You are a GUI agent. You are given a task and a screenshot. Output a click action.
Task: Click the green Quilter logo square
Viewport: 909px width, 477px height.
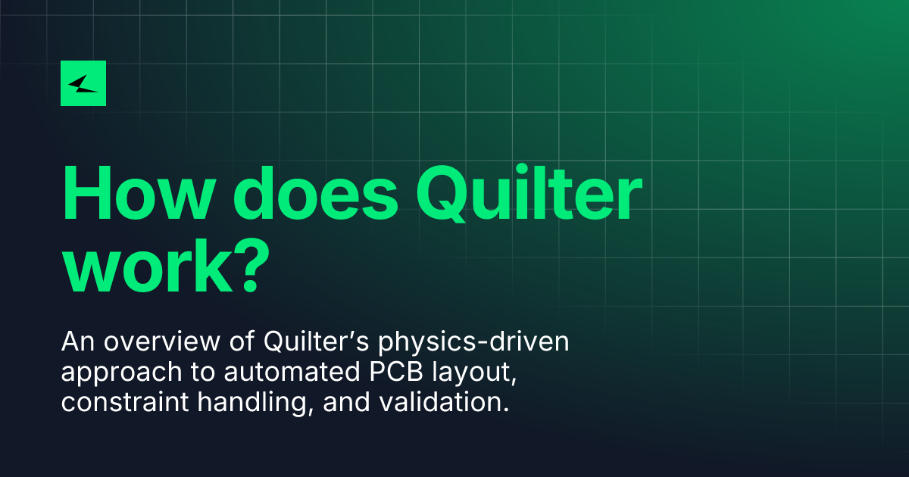(x=83, y=83)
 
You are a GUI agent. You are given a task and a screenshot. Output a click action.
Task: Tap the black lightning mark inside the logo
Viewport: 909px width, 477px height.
(x=83, y=84)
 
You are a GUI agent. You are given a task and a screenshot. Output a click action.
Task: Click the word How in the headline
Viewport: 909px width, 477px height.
(x=139, y=194)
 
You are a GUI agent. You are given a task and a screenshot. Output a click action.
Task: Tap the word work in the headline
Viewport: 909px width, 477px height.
(x=148, y=265)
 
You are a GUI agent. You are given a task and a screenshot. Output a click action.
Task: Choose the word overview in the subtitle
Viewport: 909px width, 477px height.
(x=162, y=341)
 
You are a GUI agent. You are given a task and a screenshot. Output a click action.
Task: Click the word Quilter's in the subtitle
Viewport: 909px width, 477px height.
(x=316, y=341)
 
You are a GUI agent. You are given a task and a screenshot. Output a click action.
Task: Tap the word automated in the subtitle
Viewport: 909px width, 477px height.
(x=292, y=372)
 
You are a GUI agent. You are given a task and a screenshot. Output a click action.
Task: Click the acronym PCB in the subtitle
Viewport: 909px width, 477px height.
(x=396, y=372)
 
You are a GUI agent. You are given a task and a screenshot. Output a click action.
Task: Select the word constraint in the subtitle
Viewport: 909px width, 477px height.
(x=125, y=402)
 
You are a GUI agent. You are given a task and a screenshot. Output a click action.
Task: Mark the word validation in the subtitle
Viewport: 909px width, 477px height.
(x=442, y=401)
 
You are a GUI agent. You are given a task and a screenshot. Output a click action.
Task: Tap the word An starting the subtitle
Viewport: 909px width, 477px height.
(x=78, y=341)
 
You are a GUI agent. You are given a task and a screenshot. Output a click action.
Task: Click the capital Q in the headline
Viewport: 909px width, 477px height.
(x=443, y=194)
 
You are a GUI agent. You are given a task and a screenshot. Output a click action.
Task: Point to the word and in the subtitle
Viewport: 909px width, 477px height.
(x=347, y=401)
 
